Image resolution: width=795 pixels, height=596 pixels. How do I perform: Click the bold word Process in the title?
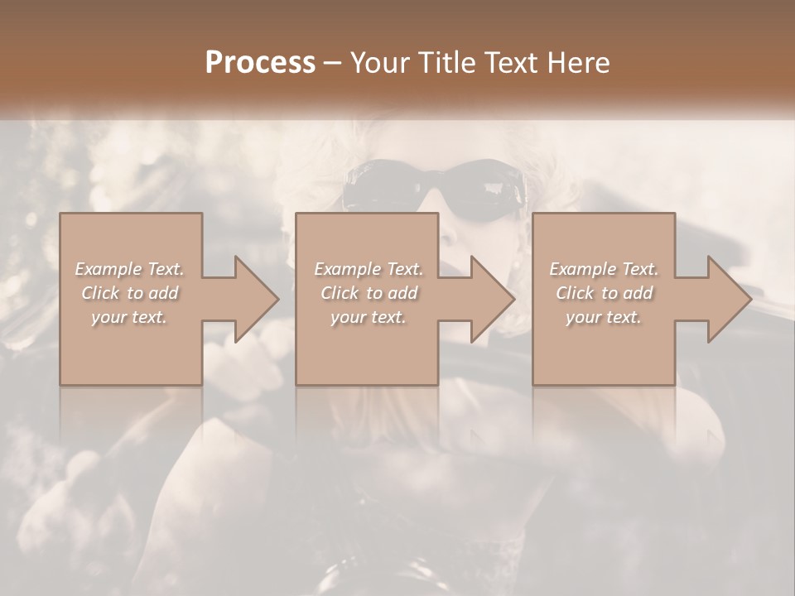point(260,63)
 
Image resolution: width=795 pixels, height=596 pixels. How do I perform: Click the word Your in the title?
point(378,63)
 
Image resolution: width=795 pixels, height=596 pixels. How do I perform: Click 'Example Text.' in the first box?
point(129,269)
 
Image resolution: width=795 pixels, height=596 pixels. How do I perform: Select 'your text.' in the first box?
point(129,317)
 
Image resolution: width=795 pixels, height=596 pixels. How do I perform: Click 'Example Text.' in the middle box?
point(369,269)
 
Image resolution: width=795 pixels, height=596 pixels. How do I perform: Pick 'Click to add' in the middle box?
point(369,293)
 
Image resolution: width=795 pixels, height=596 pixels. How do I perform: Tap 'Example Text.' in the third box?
point(604,269)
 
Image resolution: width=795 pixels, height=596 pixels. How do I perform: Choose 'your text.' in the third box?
point(604,317)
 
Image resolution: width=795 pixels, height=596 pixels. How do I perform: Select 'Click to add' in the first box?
point(129,293)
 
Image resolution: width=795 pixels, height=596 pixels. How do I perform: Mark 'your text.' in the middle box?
point(369,317)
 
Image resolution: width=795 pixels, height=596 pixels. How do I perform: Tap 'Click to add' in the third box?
point(604,293)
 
